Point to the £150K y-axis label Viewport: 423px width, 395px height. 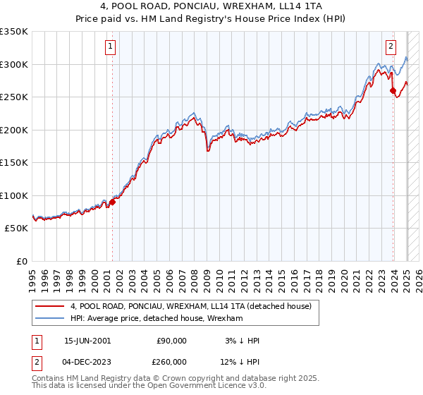click(x=14, y=162)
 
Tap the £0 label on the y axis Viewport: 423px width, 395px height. click(x=23, y=261)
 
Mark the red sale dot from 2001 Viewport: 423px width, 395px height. click(x=112, y=202)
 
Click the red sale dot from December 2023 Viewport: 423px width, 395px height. click(x=393, y=90)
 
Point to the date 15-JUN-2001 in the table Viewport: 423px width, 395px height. click(x=87, y=340)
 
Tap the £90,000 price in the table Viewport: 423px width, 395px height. click(x=172, y=340)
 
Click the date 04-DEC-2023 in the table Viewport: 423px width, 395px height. click(x=87, y=363)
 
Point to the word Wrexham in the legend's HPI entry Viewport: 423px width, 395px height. click(x=226, y=318)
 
